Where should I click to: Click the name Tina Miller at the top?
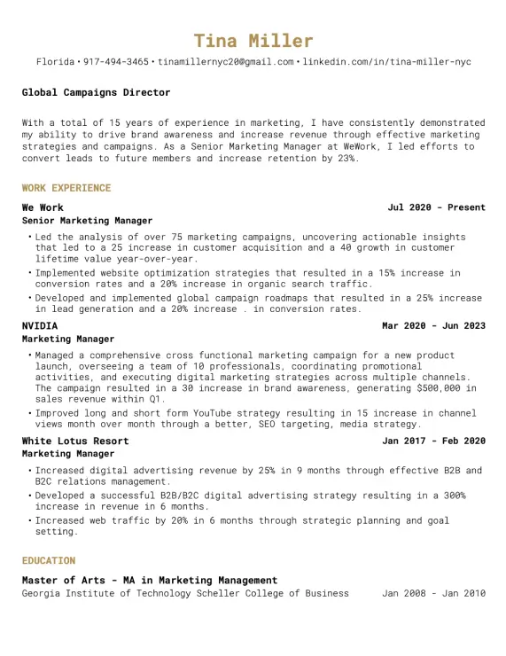click(x=253, y=41)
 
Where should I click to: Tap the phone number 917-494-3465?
click(x=116, y=62)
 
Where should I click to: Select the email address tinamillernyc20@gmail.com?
click(x=226, y=62)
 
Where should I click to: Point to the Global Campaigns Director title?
click(x=96, y=92)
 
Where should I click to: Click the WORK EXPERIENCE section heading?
click(x=66, y=188)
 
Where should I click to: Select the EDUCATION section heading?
click(x=49, y=560)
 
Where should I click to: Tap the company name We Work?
click(x=43, y=207)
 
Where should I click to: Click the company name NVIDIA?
click(x=40, y=325)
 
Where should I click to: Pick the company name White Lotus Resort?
click(x=75, y=441)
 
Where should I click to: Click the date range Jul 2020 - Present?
click(x=436, y=207)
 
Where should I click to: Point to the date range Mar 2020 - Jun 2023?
click(x=433, y=325)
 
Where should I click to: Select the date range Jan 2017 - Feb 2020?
click(x=433, y=441)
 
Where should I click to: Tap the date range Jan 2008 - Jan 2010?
click(x=433, y=593)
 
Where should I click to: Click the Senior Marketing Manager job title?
click(x=87, y=221)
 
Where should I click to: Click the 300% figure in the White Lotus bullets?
click(x=452, y=496)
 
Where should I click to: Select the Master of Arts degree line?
click(x=149, y=580)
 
